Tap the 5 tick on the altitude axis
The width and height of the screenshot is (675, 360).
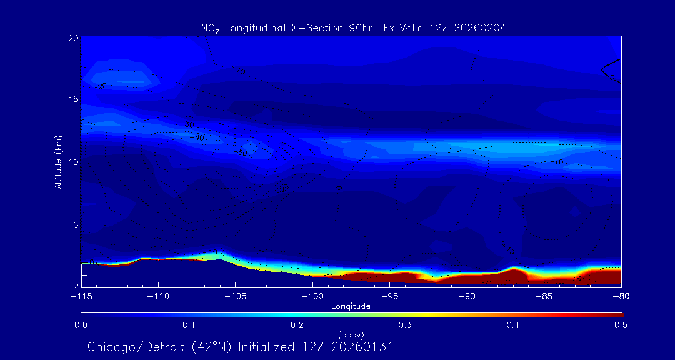pos(76,224)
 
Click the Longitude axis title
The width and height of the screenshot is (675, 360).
pos(351,306)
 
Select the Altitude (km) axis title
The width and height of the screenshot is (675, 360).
pos(58,162)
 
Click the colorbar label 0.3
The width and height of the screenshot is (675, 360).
pos(405,325)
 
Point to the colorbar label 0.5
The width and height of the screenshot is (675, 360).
pos(621,325)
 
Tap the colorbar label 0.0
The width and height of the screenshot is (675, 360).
pos(81,325)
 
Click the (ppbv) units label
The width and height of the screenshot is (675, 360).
pos(351,335)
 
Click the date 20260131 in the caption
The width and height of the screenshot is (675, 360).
pos(362,347)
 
